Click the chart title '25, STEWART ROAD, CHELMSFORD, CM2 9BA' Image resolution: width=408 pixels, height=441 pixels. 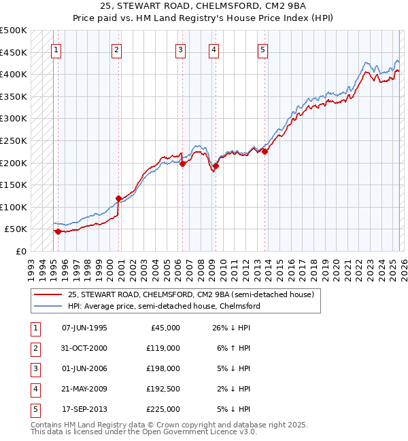pos(204,7)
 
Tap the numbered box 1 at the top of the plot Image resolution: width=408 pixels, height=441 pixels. pos(56,50)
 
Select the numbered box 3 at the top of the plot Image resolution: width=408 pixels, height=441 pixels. pos(181,50)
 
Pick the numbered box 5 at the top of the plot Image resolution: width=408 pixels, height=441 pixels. pos(262,50)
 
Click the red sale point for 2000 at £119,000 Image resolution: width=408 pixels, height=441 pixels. pos(118,199)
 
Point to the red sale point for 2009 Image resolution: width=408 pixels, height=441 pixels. pos(216,166)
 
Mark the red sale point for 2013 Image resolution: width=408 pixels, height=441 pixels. pos(265,151)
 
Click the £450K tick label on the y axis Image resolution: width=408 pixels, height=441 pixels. pos(14,52)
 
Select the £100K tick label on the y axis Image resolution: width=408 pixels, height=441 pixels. pos(14,207)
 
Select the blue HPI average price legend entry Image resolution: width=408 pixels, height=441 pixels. pos(164,306)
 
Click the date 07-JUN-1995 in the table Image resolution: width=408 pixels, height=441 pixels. pos(84,328)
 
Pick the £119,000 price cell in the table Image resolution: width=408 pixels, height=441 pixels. pos(163,348)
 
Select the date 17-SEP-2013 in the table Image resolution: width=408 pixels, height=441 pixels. pos(84,409)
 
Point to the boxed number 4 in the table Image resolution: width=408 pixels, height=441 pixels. pos(33,389)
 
